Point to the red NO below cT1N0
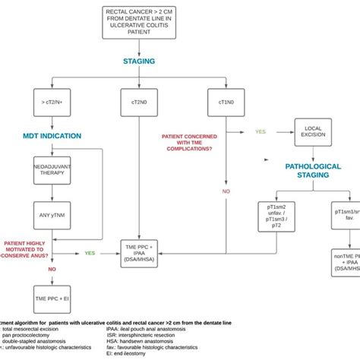pos(226,191)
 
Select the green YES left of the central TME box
pos(89,253)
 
